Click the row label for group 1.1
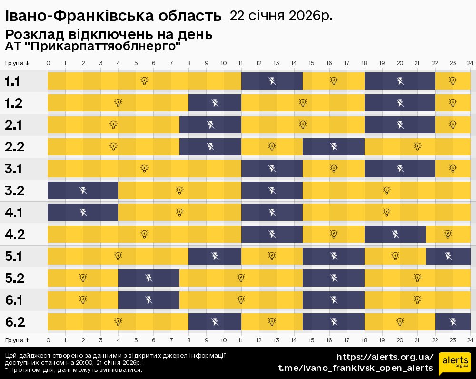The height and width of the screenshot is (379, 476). (12, 81)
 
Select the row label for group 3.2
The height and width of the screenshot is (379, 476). (14, 191)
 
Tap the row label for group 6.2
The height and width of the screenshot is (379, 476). (14, 322)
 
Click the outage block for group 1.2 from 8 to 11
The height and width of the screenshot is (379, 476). (215, 102)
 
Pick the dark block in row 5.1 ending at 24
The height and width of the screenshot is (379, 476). (448, 256)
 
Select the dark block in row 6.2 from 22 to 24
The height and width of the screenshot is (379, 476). (453, 321)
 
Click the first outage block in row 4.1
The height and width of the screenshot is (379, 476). (83, 212)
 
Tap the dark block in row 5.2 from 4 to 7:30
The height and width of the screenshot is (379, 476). (149, 278)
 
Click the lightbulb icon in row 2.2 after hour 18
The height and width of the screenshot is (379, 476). (417, 146)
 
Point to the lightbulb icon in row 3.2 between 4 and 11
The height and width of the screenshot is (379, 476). (179, 190)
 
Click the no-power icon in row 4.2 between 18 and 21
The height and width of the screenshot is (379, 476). (395, 234)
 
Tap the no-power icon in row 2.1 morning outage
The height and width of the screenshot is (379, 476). (210, 125)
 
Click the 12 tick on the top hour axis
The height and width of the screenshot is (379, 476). (258, 63)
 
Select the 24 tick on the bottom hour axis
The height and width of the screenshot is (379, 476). (470, 340)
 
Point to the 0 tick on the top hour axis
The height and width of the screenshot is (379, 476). (48, 63)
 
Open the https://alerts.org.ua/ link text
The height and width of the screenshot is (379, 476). (385, 357)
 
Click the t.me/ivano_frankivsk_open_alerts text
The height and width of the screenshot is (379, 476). (356, 368)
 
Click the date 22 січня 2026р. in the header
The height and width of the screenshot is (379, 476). (281, 16)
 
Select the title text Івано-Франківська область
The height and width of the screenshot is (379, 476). (113, 17)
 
